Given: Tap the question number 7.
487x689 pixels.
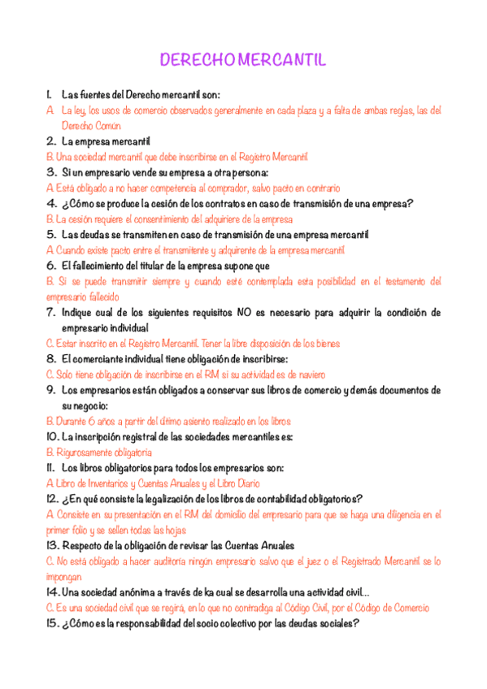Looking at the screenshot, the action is [x=50, y=312].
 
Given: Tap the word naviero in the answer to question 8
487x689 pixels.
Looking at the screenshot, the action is [x=309, y=375].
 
